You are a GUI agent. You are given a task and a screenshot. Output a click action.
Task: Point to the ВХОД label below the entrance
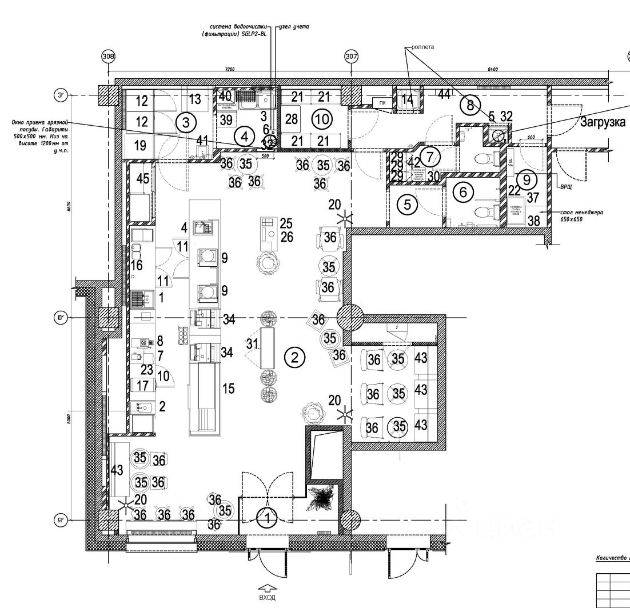(267, 598)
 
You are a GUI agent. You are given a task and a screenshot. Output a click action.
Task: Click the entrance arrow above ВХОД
(267, 587)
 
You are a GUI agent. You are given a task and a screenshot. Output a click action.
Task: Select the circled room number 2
(294, 358)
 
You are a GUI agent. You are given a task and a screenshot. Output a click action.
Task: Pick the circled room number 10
(322, 119)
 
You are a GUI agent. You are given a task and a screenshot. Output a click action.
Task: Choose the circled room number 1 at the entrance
(266, 519)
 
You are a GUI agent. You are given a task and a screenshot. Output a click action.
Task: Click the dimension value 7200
(229, 69)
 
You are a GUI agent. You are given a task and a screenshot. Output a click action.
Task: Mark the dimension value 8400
(493, 69)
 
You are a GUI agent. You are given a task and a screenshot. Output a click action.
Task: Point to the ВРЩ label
(565, 187)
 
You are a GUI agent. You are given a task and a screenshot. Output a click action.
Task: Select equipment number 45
(143, 178)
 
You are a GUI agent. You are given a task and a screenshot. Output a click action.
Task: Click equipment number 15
(229, 389)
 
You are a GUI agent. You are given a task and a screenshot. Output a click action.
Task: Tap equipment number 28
(292, 119)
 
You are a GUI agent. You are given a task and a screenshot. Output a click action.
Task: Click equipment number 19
(140, 146)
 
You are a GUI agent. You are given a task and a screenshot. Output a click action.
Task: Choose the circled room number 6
(463, 193)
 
